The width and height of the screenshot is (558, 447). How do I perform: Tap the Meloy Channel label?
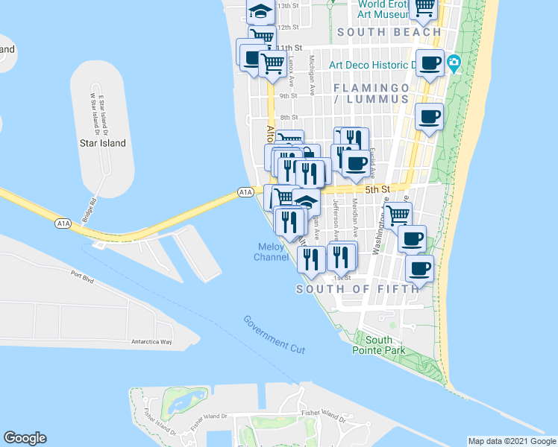tap(271, 252)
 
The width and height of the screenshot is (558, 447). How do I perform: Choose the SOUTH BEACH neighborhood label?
tap(388, 32)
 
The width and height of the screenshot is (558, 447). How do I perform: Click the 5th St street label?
tap(377, 190)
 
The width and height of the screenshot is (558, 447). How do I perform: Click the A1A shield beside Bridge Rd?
tap(63, 223)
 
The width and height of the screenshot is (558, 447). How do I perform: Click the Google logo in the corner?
tap(25, 438)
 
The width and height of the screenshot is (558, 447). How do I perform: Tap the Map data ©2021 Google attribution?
tap(512, 441)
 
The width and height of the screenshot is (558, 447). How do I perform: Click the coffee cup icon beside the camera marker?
tap(429, 63)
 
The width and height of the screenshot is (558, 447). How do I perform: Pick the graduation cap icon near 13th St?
tap(260, 11)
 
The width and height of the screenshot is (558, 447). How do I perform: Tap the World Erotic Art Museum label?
tap(380, 8)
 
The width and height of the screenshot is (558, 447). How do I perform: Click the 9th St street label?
tap(289, 96)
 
